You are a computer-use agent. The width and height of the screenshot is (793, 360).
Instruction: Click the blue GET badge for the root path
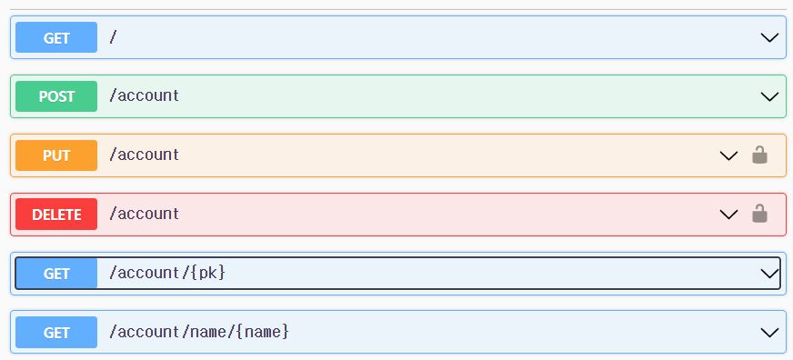(56, 37)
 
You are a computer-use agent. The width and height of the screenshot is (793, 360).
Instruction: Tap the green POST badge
(56, 96)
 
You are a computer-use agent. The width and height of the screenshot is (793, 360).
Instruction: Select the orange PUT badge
(56, 155)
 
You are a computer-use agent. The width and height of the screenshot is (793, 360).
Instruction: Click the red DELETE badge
(56, 215)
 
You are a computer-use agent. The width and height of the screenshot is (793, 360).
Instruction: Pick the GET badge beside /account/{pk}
(56, 274)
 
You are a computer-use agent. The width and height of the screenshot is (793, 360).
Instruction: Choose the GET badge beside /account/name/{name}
(56, 333)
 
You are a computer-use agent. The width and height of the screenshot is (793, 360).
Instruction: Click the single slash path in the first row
(114, 37)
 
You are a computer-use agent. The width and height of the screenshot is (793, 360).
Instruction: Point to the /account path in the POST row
(144, 95)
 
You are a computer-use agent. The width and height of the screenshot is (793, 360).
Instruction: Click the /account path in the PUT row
(144, 155)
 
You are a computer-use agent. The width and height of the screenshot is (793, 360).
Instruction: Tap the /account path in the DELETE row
(144, 214)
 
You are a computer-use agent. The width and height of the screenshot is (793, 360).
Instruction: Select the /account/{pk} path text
(166, 273)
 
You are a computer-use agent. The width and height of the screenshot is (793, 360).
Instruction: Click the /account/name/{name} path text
(199, 332)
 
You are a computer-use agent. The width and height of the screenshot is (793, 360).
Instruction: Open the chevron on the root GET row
(770, 38)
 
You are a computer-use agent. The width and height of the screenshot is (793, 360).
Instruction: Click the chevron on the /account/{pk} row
(770, 274)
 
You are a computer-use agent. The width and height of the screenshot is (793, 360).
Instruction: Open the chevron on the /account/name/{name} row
(770, 333)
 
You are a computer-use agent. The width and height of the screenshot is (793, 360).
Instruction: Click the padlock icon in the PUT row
(759, 155)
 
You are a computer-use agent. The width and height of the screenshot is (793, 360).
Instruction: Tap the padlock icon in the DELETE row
(759, 214)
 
